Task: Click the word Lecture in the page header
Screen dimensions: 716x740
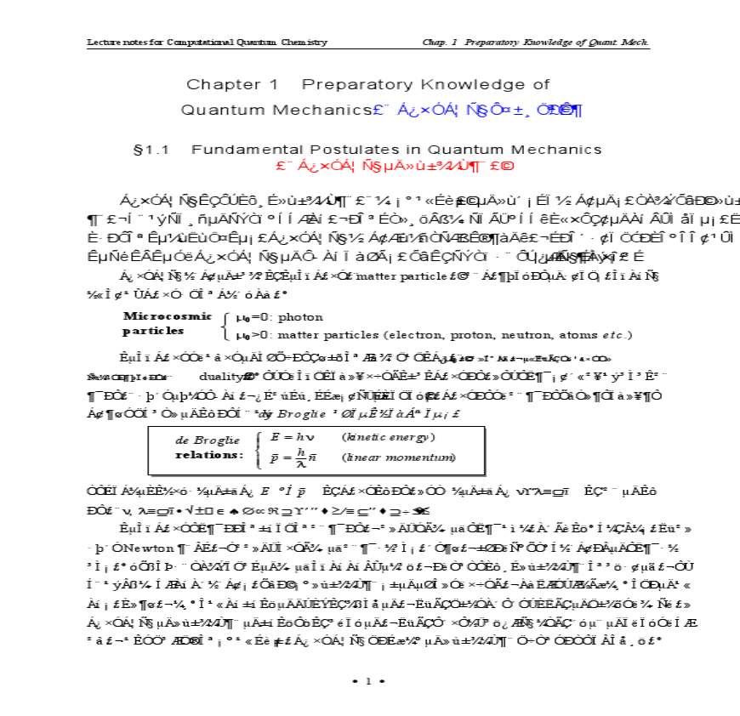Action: click(x=102, y=42)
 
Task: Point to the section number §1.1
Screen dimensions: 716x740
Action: click(x=152, y=150)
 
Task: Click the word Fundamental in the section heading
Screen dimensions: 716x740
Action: click(x=243, y=150)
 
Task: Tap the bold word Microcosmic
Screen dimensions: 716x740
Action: click(x=167, y=315)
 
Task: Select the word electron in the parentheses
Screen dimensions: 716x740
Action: click(x=381, y=334)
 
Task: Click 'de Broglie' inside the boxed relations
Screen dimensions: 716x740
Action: click(x=196, y=440)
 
